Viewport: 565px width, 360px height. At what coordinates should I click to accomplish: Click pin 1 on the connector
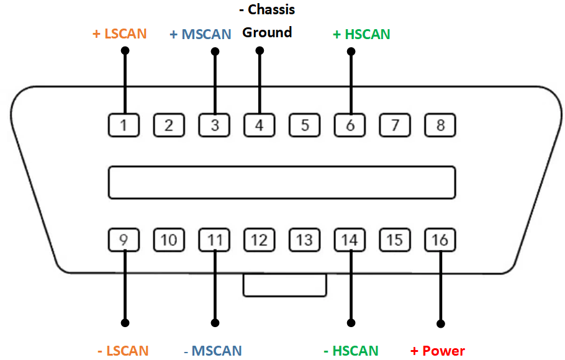click(x=124, y=125)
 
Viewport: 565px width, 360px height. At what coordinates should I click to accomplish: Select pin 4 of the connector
click(x=260, y=125)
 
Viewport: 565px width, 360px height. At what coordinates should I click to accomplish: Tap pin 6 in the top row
click(x=350, y=125)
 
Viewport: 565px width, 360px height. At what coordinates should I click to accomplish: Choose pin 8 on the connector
click(x=440, y=125)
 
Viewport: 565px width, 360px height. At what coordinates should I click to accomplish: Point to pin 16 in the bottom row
click(x=440, y=240)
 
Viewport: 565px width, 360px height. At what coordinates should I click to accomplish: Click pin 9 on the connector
click(x=124, y=240)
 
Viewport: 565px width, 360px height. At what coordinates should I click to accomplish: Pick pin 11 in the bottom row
click(x=215, y=240)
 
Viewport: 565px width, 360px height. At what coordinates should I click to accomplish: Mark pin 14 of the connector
click(x=350, y=240)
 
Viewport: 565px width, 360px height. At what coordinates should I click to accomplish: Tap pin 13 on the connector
click(x=304, y=240)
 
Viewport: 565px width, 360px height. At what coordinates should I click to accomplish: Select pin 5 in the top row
click(x=305, y=125)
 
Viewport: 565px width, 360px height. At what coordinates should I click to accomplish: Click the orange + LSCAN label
click(x=120, y=34)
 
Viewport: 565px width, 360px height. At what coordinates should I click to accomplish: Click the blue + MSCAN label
click(x=201, y=34)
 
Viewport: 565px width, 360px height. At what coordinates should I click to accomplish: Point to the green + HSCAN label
click(x=361, y=34)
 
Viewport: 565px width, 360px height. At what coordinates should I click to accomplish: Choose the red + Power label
click(x=438, y=351)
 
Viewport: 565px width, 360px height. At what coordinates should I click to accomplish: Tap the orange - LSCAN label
click(x=123, y=351)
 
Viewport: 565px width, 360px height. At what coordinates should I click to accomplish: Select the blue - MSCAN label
click(x=213, y=351)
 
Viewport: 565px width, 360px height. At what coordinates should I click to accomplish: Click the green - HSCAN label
click(x=351, y=351)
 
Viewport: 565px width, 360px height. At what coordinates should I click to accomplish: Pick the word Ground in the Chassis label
click(x=267, y=32)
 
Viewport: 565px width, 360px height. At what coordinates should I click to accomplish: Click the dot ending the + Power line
click(x=441, y=323)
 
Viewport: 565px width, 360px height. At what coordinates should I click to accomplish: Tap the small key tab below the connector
click(x=285, y=286)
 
